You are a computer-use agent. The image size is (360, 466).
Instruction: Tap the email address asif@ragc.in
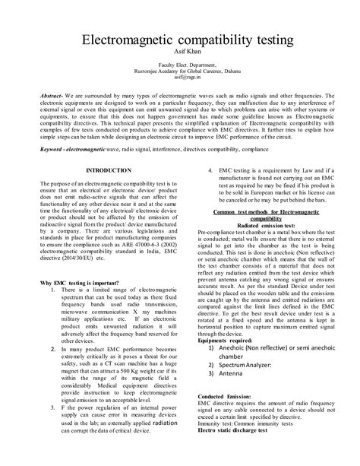point(179,77)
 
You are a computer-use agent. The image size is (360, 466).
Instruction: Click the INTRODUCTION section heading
point(108,170)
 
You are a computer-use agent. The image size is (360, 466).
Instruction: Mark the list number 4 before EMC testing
point(210,170)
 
